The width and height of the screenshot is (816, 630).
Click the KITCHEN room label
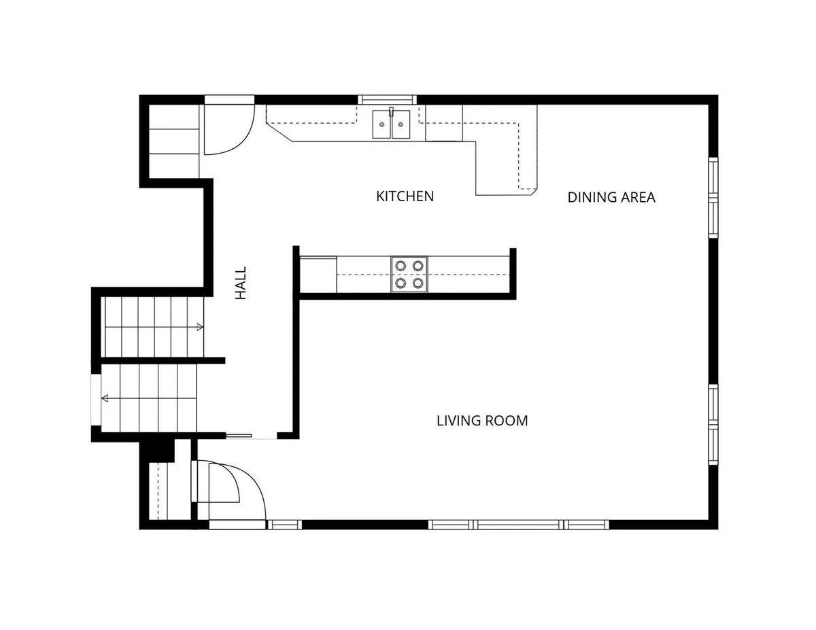(x=405, y=196)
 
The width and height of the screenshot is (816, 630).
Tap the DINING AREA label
(x=611, y=197)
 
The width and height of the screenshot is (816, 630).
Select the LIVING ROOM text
(x=482, y=421)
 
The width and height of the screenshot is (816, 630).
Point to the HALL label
(x=240, y=283)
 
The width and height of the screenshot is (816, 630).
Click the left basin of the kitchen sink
(x=382, y=124)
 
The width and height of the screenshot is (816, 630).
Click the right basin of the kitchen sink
(x=401, y=124)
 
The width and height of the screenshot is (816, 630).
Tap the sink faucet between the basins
(x=391, y=112)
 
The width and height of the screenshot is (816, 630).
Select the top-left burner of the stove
(x=401, y=266)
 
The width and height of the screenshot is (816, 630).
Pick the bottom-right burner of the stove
(x=418, y=283)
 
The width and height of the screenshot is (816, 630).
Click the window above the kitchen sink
(x=387, y=100)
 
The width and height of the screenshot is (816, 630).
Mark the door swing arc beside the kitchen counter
(x=240, y=139)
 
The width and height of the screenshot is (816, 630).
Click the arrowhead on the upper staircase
(x=200, y=327)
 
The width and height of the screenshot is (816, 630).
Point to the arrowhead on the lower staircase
(x=105, y=398)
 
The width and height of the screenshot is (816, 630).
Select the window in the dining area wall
(x=713, y=197)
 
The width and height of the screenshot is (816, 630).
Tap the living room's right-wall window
(x=713, y=424)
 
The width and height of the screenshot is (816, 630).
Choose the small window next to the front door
(x=284, y=525)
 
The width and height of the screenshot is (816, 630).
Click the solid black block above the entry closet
(x=157, y=452)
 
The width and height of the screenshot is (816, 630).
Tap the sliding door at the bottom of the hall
(x=239, y=436)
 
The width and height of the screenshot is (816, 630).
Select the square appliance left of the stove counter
(x=318, y=275)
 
